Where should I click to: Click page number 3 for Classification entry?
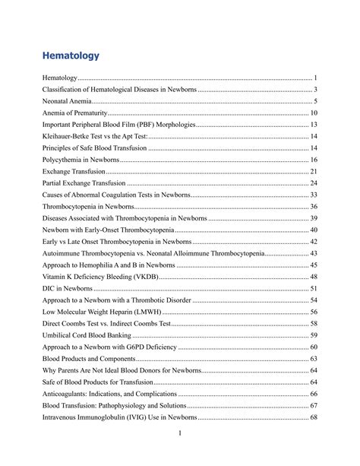[314, 90]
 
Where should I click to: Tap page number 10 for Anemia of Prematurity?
[313, 113]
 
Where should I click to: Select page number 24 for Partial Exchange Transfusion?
[313, 183]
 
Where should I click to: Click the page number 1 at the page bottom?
[179, 433]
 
